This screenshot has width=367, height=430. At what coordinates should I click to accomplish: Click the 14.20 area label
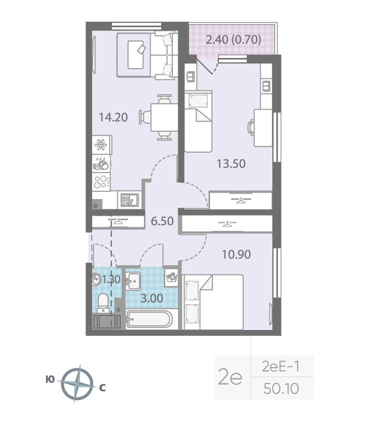click(x=113, y=117)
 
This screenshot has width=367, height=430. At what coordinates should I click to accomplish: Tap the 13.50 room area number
click(x=231, y=164)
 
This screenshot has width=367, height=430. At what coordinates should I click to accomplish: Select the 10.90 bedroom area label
click(x=236, y=255)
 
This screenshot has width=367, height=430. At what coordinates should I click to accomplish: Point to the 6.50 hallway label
click(x=162, y=221)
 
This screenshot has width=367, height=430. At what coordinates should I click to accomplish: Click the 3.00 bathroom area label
click(x=152, y=299)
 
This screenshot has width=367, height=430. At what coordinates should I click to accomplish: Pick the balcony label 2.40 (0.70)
click(x=233, y=40)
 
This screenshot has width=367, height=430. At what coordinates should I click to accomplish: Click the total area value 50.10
click(x=281, y=388)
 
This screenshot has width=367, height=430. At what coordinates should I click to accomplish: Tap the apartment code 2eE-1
click(x=281, y=366)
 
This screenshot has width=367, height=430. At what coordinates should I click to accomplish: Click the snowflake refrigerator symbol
click(x=101, y=144)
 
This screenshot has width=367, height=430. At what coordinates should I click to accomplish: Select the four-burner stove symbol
click(x=101, y=182)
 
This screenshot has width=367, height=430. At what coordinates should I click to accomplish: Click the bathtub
click(x=149, y=319)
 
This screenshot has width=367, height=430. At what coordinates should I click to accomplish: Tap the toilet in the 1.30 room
click(x=103, y=303)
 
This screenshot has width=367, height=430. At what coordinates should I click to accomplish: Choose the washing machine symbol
click(x=171, y=277)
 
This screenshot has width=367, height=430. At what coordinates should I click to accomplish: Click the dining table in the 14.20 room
click(x=165, y=117)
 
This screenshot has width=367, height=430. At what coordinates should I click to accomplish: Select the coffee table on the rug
click(x=136, y=55)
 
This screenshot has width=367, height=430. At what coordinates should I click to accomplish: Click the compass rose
click(x=77, y=384)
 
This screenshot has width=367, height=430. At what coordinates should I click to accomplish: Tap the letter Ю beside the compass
click(x=50, y=380)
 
